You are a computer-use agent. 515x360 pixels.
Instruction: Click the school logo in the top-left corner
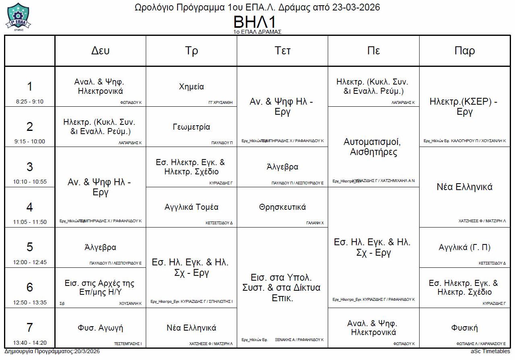[x=18, y=16]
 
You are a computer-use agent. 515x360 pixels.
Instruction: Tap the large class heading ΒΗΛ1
[x=257, y=22]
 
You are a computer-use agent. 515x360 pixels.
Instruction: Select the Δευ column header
[x=100, y=51]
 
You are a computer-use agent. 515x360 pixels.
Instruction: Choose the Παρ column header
[x=465, y=51]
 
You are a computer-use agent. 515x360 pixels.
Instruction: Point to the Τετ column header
[x=283, y=51]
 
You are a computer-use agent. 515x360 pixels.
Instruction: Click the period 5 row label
[x=30, y=247]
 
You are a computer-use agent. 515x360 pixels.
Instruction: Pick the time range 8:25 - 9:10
[x=30, y=101]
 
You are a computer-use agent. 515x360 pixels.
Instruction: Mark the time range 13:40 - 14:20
[x=30, y=343]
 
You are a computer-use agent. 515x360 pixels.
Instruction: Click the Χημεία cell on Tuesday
[x=191, y=87]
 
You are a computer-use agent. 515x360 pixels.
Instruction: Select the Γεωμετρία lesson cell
[x=191, y=127]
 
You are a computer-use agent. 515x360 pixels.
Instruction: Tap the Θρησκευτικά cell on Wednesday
[x=283, y=207]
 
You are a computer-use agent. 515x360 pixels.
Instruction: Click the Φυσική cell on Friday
[x=465, y=328]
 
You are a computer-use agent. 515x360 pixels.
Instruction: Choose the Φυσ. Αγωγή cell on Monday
[x=100, y=328]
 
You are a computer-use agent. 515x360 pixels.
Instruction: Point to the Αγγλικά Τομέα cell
[x=191, y=207]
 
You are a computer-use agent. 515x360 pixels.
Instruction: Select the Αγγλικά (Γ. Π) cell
[x=465, y=247]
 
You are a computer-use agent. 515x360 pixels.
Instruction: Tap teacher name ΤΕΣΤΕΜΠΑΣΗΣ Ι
[x=128, y=344]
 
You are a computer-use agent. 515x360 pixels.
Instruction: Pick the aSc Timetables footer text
[x=490, y=352]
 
